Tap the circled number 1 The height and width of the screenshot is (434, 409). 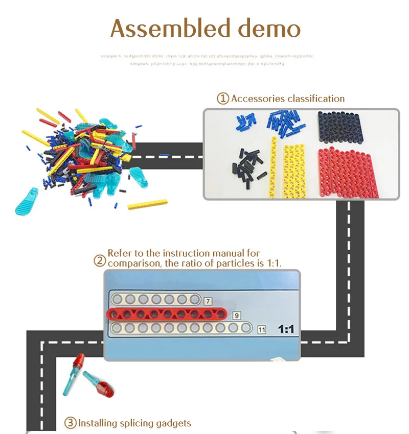pyautogui.click(x=223, y=99)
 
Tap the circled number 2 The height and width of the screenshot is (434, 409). pyautogui.click(x=100, y=261)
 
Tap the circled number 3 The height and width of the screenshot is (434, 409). pyautogui.click(x=70, y=423)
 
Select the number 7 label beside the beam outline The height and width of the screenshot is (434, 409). pyautogui.click(x=208, y=301)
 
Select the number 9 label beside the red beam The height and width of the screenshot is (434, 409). pyautogui.click(x=236, y=315)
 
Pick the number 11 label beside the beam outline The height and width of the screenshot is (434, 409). pyautogui.click(x=261, y=329)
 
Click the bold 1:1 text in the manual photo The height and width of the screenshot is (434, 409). pyautogui.click(x=285, y=329)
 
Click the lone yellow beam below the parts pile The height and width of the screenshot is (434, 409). pyautogui.click(x=147, y=205)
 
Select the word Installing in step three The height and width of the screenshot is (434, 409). pyautogui.click(x=97, y=423)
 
